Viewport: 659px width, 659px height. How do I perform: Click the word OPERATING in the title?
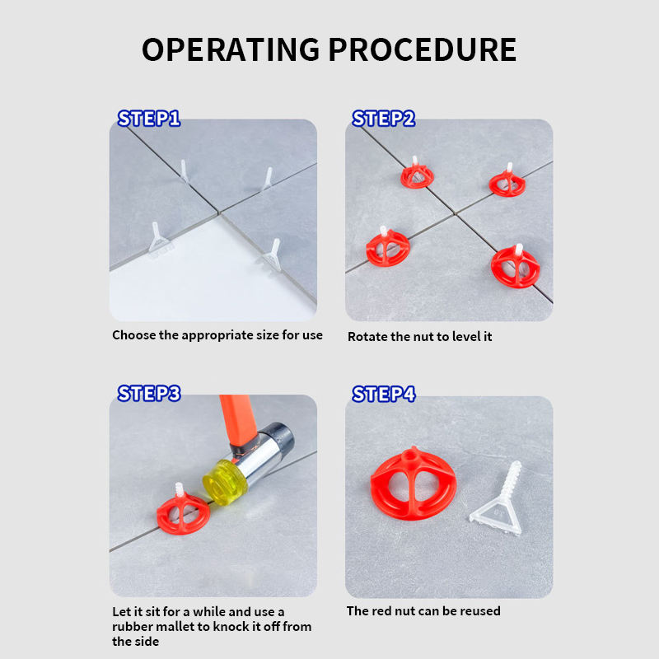[231, 49]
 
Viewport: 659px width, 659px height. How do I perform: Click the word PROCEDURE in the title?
[423, 49]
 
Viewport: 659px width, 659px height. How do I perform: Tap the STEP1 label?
[149, 119]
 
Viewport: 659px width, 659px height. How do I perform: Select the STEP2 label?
[384, 119]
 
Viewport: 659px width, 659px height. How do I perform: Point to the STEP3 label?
[149, 394]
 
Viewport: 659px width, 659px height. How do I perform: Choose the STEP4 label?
[384, 395]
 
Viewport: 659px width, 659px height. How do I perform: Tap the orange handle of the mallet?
[237, 420]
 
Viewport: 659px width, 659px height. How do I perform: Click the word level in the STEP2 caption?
[466, 336]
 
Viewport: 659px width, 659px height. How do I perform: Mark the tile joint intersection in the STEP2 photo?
[456, 214]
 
